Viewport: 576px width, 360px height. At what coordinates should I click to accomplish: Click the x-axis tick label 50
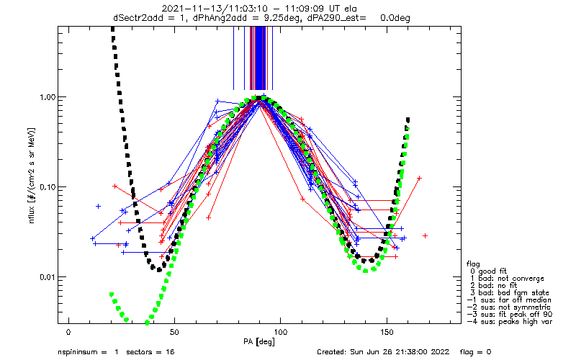pyautogui.click(x=174, y=332)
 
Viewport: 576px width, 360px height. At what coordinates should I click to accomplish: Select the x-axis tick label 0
pyautogui.click(x=68, y=332)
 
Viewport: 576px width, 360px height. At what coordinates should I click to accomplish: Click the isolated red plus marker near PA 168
pyautogui.click(x=426, y=235)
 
